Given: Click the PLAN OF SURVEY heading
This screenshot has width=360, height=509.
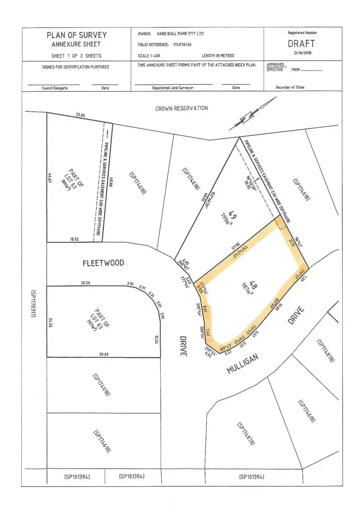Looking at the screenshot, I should coord(77,35).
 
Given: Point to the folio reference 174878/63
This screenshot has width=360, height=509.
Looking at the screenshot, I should coord(183,44).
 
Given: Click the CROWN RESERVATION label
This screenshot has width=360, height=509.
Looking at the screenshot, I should coord(181,108).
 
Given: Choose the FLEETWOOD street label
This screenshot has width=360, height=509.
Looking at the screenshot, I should coord(103,263).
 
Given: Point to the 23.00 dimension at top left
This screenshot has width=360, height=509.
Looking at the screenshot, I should coord(80,115).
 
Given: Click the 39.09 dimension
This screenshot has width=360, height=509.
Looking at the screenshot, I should coord(103,354).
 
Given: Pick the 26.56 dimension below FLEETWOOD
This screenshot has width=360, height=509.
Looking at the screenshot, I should coord(85,283).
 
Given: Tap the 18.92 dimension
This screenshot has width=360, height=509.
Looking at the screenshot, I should coord(74,238).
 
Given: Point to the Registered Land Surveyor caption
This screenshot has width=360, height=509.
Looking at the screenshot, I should coord(173,88).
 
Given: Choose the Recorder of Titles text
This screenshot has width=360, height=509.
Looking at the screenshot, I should coord(290,87).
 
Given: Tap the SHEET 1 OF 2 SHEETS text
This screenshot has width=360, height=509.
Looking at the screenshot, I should coord(77,55).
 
